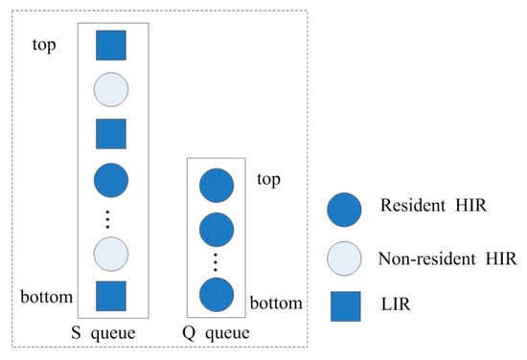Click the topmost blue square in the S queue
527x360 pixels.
click(111, 45)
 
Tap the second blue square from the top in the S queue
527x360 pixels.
click(111, 132)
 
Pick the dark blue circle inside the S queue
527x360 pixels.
click(111, 178)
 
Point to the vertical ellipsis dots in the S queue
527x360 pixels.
click(111, 216)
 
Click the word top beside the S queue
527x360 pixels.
click(50, 44)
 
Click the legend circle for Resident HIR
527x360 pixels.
click(346, 207)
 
